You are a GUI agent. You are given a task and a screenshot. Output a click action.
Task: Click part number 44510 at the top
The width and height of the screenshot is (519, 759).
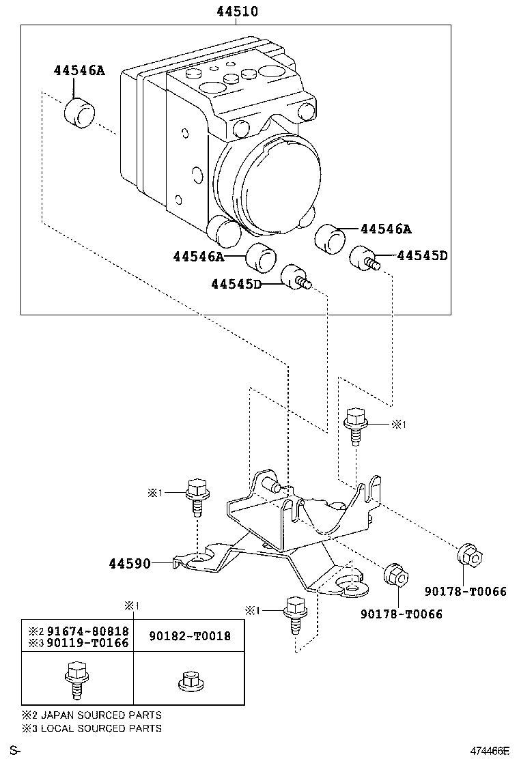[237, 11]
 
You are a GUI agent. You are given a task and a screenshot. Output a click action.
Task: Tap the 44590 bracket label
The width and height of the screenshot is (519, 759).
[130, 563]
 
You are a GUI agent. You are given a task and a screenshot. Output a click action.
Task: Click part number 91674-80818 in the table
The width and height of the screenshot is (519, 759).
[87, 631]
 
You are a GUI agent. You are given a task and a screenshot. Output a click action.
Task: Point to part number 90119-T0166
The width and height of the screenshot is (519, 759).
[87, 643]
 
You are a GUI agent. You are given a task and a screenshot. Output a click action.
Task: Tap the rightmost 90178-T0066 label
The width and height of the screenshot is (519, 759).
[466, 591]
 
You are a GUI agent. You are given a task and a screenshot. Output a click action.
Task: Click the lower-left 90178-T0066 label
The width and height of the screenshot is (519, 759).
[402, 614]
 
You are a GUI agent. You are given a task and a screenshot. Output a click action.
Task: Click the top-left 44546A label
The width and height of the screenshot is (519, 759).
[79, 71]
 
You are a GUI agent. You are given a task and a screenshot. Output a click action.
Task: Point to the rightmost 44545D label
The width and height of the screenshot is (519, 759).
[422, 255]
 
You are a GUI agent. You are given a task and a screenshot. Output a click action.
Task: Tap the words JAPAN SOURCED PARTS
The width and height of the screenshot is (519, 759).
[101, 715]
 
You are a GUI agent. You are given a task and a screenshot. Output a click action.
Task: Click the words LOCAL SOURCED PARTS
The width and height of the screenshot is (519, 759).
[101, 728]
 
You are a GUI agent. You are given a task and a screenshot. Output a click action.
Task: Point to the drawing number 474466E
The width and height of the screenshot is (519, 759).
[490, 751]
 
